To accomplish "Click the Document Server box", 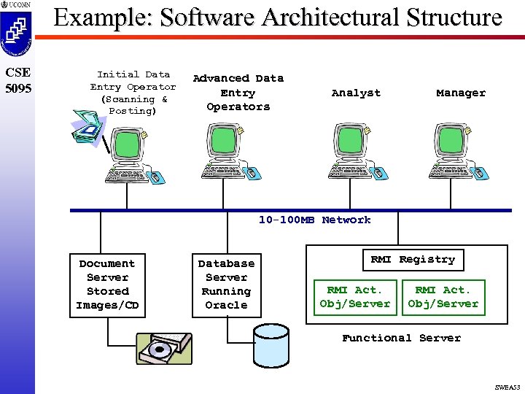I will tap(107, 285).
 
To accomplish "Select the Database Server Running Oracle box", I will tap(226, 285).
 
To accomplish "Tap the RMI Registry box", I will tap(412, 260).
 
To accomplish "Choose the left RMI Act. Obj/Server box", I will tap(355, 297).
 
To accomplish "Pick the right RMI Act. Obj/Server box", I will tap(443, 297).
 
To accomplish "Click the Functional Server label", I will tap(401, 338).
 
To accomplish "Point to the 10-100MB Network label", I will tap(314, 220).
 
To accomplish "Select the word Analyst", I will tap(356, 93).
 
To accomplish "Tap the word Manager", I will tap(460, 93).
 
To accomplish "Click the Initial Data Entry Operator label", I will tap(133, 93).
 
